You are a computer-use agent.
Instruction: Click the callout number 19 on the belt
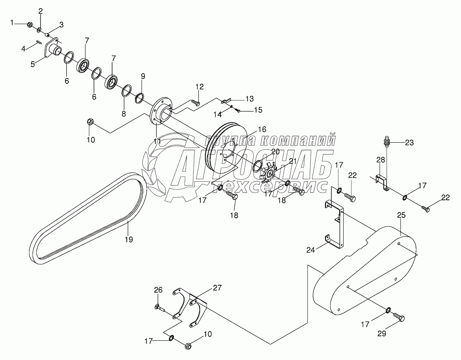pos(129,240)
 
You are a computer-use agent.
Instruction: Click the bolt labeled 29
pos(399,318)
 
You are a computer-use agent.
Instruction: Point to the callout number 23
pos(409,143)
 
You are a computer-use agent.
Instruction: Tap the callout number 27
pos(217,288)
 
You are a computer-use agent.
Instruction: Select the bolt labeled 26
pos(158,307)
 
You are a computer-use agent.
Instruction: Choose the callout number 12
pos(199,86)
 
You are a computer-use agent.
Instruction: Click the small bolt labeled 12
pos(197,103)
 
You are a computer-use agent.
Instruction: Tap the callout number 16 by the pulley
pos(262,129)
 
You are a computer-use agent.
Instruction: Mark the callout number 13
pos(249,99)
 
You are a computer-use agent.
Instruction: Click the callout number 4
pos(24,49)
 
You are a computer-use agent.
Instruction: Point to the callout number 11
pos(157,141)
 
